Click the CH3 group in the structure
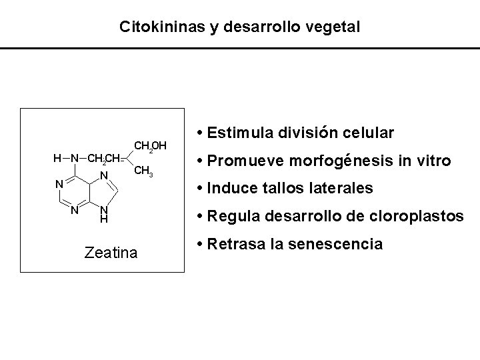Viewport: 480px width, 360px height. pos(145,172)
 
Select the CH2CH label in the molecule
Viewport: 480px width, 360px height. pos(103,159)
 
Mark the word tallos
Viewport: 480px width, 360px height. pos(274,189)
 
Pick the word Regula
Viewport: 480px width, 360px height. pos(231,217)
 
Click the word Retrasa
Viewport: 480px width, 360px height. pos(234,244)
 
